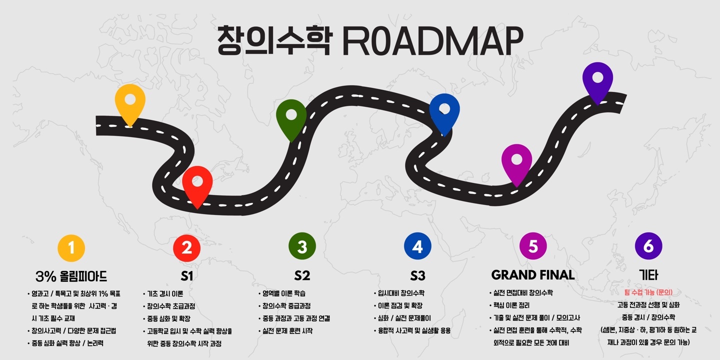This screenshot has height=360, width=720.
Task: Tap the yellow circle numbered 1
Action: (x=71, y=248)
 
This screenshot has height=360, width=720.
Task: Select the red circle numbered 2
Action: (x=187, y=247)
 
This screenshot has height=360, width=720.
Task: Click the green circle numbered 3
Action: (x=302, y=246)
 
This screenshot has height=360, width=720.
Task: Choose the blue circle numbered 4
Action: (x=417, y=246)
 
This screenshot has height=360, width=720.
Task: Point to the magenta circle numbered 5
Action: (x=533, y=246)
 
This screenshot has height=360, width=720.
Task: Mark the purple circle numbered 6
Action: (x=648, y=246)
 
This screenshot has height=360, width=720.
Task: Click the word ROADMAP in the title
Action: (x=433, y=41)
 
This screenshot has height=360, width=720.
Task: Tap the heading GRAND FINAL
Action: (x=533, y=275)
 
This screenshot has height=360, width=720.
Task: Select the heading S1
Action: (x=187, y=276)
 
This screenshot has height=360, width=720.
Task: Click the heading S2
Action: (x=302, y=275)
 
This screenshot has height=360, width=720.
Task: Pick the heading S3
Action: (x=417, y=275)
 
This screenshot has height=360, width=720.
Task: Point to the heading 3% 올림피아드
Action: (x=71, y=276)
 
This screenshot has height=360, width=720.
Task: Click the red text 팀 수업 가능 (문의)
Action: (x=648, y=292)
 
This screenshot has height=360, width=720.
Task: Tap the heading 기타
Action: (x=648, y=275)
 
